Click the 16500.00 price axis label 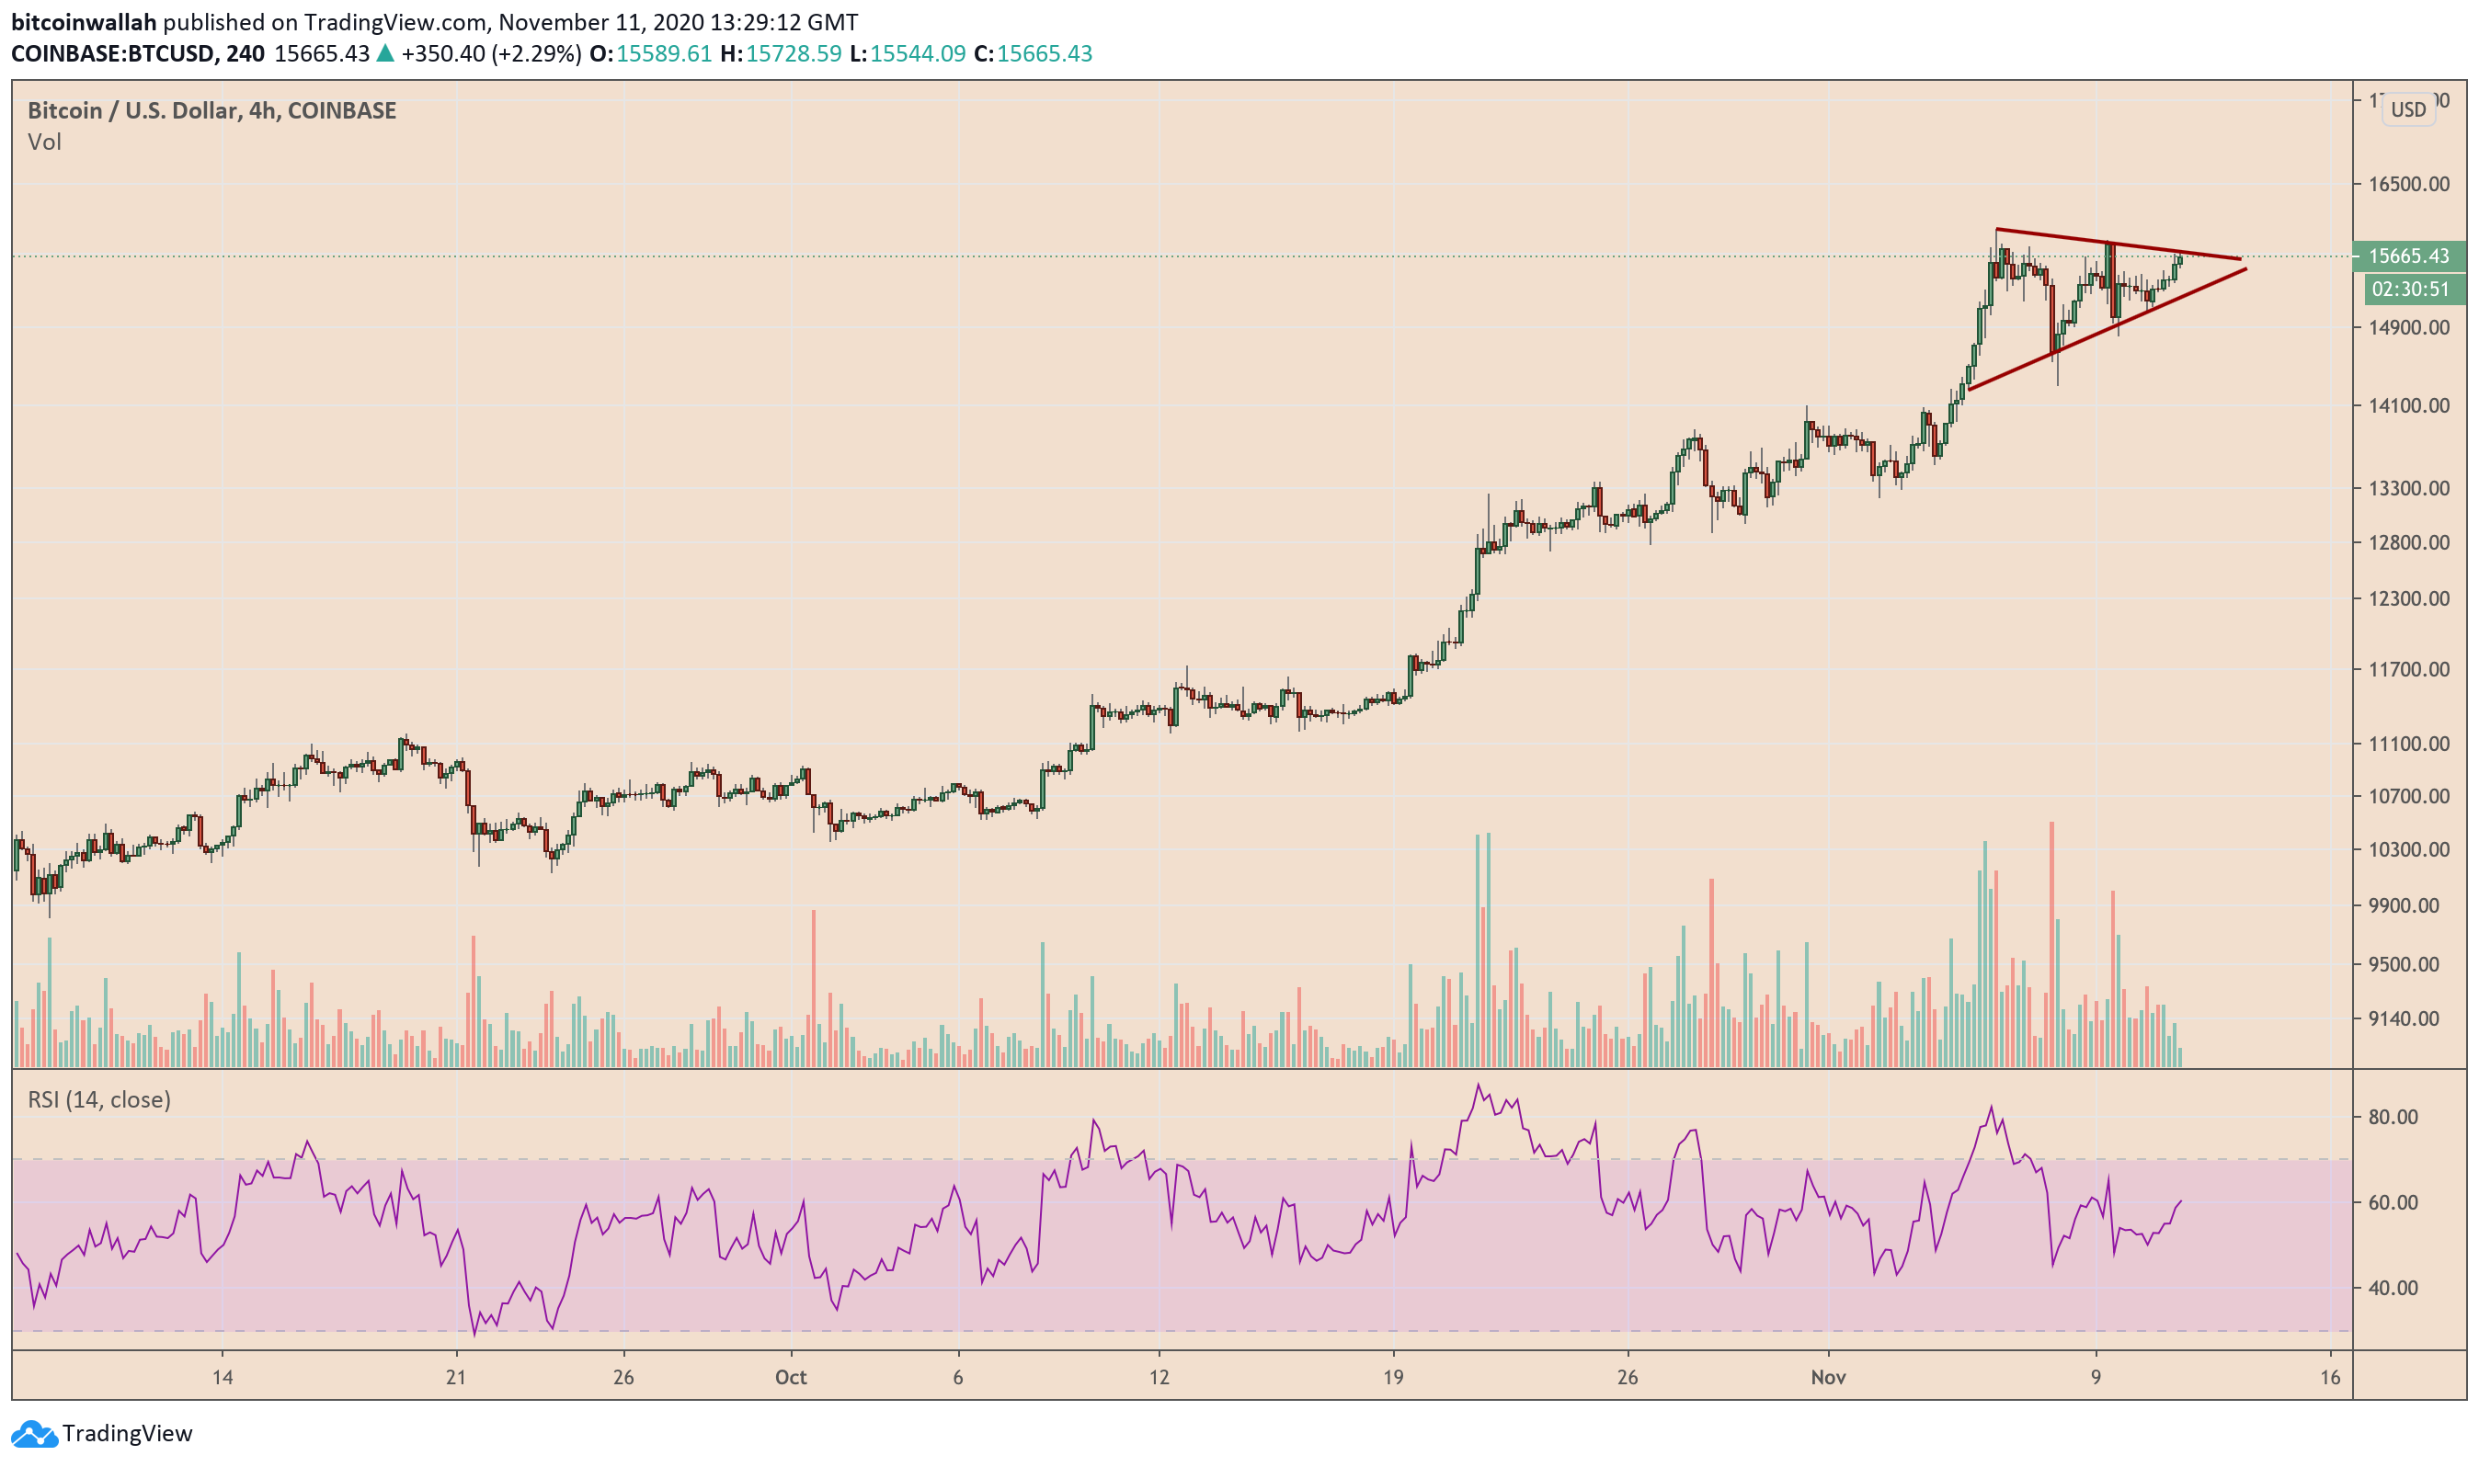[2408, 185]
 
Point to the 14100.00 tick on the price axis [2408, 405]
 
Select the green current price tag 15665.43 [2409, 256]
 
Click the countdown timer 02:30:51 [2410, 290]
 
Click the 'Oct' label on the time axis [790, 1377]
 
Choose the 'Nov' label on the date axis [1827, 1377]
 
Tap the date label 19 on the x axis [1392, 1377]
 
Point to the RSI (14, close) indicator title [99, 1099]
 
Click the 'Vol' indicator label [44, 142]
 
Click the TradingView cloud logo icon [34, 1433]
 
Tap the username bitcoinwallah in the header [84, 22]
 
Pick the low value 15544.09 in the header [917, 53]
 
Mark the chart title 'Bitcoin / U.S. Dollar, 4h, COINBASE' [211, 110]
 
